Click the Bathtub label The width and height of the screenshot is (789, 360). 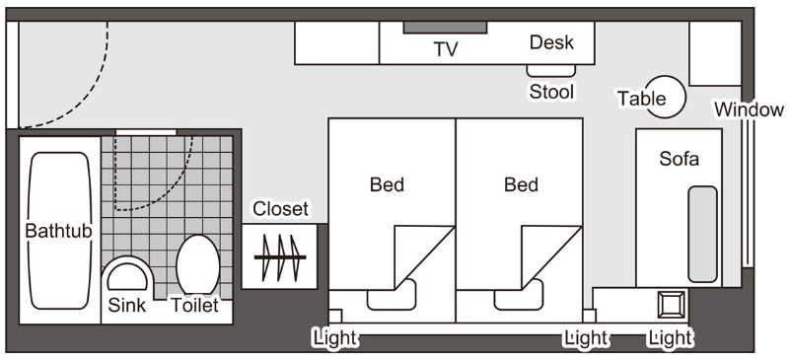coord(59,231)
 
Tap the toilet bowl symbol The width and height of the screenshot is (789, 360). coord(198,265)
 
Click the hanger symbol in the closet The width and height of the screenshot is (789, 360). coord(280,257)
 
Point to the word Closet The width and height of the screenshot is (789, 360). coord(280,209)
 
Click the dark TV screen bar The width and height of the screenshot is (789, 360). coord(445,28)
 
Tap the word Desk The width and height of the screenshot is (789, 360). coord(551,42)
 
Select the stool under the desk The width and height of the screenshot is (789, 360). coord(551,71)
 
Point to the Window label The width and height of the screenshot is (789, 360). coord(749,109)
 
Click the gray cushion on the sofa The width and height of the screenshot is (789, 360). coord(702,234)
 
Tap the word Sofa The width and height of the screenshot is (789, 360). coord(680,159)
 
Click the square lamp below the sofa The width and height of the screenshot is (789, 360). coord(672,305)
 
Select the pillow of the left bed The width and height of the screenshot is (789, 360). coord(392,295)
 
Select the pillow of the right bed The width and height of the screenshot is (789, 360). coord(519,295)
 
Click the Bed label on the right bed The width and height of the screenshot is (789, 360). coord(521,184)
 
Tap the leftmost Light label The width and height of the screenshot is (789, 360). coord(334,338)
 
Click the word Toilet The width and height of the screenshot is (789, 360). coord(194,305)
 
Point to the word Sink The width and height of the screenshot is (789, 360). coord(127,305)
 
